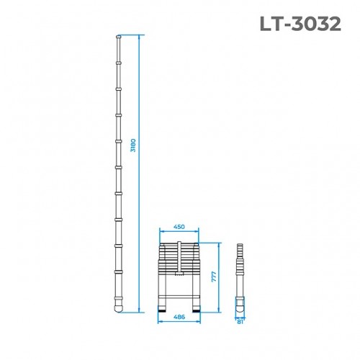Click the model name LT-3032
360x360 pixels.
tap(300, 24)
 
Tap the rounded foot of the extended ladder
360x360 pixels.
tap(118, 305)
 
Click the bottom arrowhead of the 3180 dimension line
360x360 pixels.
tap(138, 311)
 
